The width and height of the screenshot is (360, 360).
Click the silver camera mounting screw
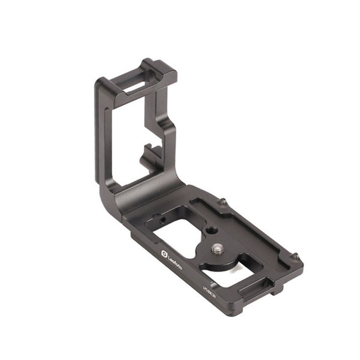pos(217,248)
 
